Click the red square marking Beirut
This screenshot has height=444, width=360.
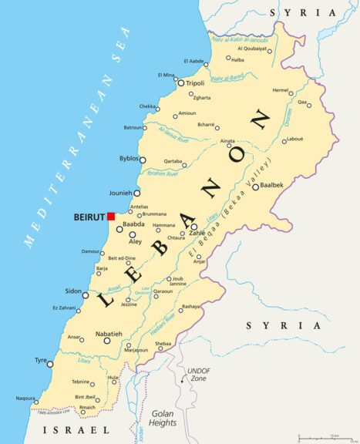pos(111,217)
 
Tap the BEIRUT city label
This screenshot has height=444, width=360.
pos(89,217)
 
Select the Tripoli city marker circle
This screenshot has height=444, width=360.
pos(181,83)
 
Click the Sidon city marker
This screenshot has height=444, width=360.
pos(86,295)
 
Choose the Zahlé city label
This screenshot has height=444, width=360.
pos(197,233)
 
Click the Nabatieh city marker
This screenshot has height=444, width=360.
pos(107,340)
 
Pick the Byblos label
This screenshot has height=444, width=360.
pos(129,158)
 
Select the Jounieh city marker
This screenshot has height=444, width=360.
pos(137,193)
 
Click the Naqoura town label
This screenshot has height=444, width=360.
pos(25,399)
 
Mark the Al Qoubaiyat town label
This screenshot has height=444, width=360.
pos(254,49)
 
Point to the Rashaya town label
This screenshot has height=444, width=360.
pos(190,306)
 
